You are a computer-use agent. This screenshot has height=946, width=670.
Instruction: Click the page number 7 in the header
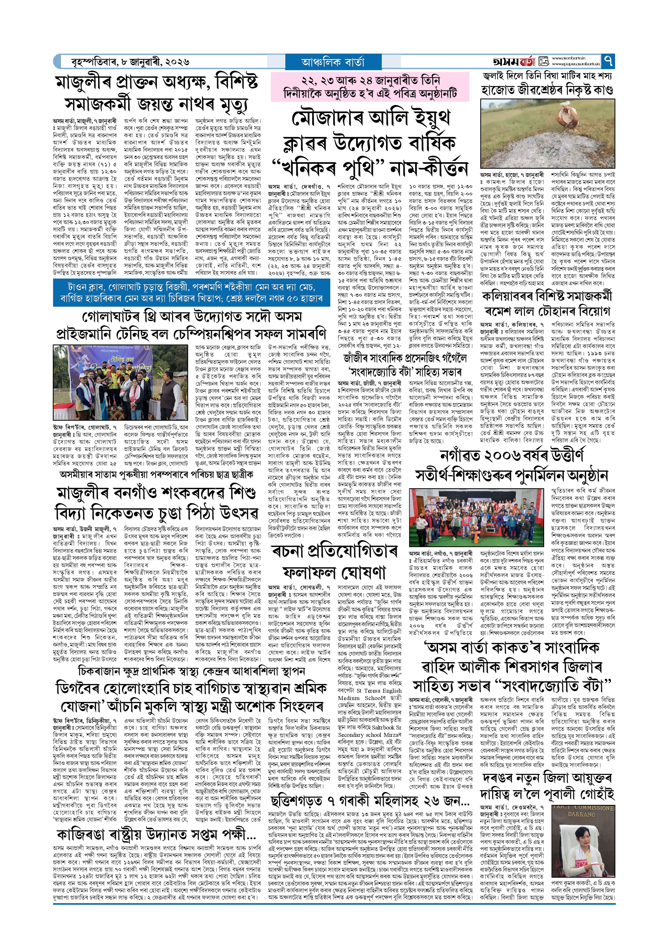click(x=608, y=61)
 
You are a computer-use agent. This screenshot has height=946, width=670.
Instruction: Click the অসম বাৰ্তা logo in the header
click(x=514, y=62)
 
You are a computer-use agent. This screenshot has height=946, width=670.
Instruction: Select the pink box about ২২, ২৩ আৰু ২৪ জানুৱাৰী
click(x=370, y=87)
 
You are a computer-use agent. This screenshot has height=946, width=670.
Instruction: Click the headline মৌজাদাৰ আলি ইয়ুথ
click(x=370, y=119)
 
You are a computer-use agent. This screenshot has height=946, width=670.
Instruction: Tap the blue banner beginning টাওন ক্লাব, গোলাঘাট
click(x=192, y=292)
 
